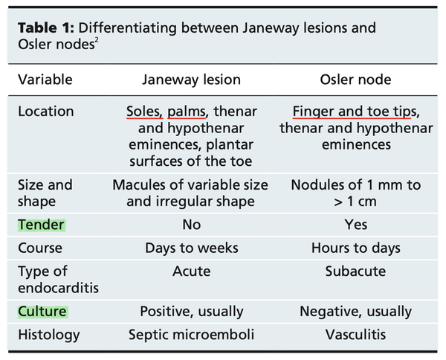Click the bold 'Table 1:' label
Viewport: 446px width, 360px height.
(x=45, y=29)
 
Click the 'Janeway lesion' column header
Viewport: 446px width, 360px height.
(x=192, y=79)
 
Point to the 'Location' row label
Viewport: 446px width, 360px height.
(x=45, y=112)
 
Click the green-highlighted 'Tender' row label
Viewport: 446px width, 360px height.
(x=42, y=224)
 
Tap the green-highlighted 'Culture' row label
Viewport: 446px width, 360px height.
(x=42, y=311)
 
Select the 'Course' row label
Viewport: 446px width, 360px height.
(x=40, y=248)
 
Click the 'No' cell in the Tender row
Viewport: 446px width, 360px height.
(x=192, y=224)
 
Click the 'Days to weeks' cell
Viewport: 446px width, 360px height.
(x=192, y=248)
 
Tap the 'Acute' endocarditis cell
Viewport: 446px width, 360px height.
(x=192, y=271)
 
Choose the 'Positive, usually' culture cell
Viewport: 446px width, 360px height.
(x=192, y=311)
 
